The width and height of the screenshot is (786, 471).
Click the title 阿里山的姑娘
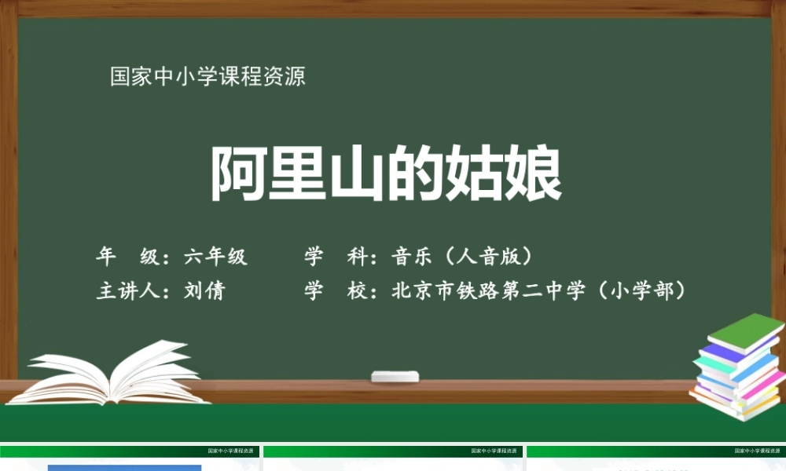point(386,174)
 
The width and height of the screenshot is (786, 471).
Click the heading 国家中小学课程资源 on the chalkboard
point(208,77)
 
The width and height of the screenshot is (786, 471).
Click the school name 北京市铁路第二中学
point(488,290)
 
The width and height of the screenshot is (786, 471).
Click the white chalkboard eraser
point(395,376)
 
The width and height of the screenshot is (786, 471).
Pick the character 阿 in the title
point(239,174)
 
